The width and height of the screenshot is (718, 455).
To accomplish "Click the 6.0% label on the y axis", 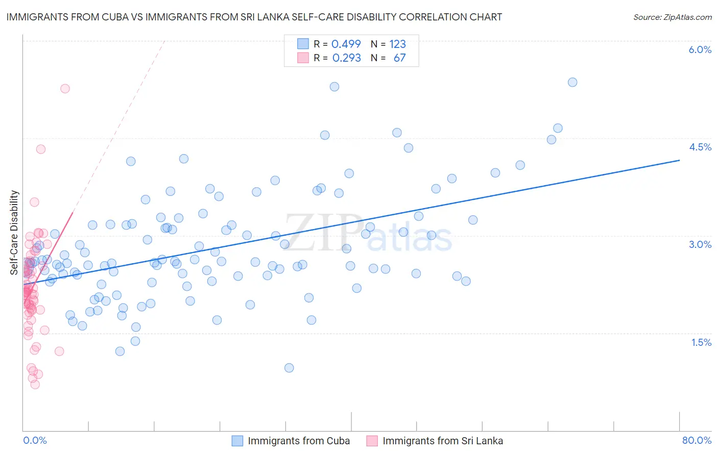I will [700, 49].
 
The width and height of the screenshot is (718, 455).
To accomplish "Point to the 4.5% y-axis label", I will [700, 147].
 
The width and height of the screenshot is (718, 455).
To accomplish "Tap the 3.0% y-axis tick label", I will [700, 244].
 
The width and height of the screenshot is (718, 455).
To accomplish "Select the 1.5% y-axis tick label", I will [701, 342].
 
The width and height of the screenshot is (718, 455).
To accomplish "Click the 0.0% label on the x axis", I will [35, 440].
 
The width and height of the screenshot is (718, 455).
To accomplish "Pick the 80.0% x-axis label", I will [697, 440].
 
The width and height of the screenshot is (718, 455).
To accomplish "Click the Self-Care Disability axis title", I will [14, 233].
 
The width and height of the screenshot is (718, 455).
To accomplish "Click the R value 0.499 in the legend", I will [346, 44].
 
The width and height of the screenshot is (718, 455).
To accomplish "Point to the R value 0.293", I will [346, 58].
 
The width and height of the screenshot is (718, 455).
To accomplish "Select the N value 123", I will [397, 44].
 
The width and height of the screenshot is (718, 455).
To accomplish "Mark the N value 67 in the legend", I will [399, 58].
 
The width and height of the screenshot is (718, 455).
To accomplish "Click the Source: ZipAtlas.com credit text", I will [672, 17].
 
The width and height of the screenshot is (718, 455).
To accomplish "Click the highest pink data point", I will [65, 88].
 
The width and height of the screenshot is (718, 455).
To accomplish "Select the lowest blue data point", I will [289, 368].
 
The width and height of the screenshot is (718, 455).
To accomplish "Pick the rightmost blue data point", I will [572, 82].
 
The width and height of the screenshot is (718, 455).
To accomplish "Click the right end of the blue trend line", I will [679, 160].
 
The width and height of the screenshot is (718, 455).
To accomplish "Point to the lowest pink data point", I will [35, 384].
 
